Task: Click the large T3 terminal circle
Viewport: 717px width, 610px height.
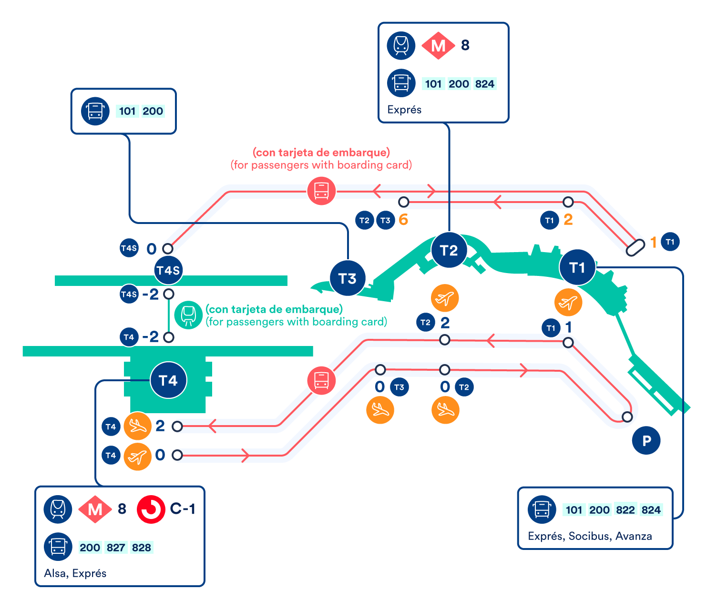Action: [348, 278]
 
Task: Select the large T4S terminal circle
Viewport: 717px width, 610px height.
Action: [168, 270]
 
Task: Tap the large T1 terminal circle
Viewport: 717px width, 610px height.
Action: [577, 267]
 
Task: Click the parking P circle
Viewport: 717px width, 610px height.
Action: [646, 441]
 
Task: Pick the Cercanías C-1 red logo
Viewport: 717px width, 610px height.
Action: [151, 509]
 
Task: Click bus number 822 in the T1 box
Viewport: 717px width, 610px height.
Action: [625, 510]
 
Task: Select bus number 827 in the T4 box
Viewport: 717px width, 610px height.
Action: [116, 548]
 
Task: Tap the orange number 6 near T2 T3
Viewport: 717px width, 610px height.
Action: [403, 220]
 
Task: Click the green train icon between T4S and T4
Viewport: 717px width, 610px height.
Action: [188, 315]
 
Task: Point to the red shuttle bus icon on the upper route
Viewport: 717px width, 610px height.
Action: [321, 191]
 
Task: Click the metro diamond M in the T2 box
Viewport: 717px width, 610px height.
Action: [438, 46]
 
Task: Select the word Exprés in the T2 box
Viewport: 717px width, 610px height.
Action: [404, 110]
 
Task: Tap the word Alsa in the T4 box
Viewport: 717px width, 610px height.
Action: [54, 573]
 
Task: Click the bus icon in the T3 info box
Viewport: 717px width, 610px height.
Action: [95, 111]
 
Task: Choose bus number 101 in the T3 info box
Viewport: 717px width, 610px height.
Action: [127, 111]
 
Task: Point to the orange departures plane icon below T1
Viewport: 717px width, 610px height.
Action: [568, 302]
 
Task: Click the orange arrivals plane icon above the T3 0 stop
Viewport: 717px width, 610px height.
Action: [380, 410]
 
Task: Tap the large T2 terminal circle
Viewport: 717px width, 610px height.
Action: [449, 250]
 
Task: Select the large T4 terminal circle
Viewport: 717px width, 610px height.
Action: [168, 380]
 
